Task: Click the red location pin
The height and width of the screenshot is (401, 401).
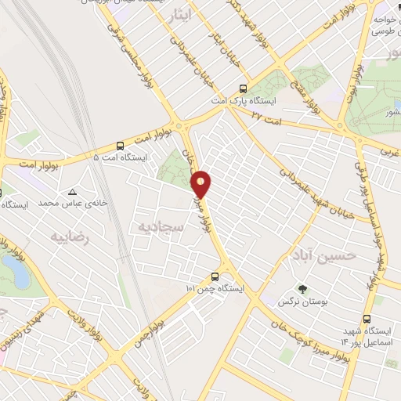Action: coord(202,183)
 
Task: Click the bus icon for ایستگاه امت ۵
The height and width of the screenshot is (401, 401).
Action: coord(120,145)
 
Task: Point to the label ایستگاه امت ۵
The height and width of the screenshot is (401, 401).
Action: coord(119,158)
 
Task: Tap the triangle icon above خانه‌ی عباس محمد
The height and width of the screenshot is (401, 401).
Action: coord(73,191)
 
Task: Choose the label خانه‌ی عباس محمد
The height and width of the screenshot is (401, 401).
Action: coord(72,204)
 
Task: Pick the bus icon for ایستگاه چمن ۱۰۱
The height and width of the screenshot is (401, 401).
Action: coord(215,276)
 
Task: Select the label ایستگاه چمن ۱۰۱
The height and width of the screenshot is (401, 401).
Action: coord(215,290)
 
